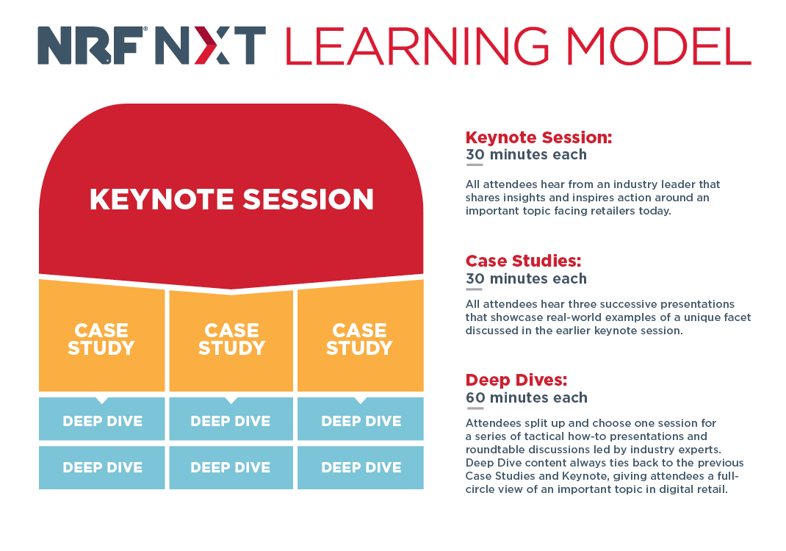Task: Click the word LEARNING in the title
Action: tap(417, 46)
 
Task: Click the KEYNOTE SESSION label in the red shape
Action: tap(231, 199)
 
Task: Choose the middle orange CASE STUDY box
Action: tap(231, 341)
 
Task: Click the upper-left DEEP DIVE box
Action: tap(102, 419)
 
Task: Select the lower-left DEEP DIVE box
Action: tap(102, 467)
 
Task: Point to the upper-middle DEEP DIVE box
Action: tap(231, 419)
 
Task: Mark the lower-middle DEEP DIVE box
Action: tap(231, 467)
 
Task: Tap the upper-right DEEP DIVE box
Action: tap(361, 419)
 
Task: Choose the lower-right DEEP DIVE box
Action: tap(361, 467)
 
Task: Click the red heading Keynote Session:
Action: tap(539, 137)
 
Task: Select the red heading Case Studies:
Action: tap(523, 262)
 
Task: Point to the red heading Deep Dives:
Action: tap(516, 380)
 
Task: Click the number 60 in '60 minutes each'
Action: tap(475, 397)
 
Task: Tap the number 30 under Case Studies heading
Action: tap(475, 278)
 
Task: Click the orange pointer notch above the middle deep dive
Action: tap(231, 400)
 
